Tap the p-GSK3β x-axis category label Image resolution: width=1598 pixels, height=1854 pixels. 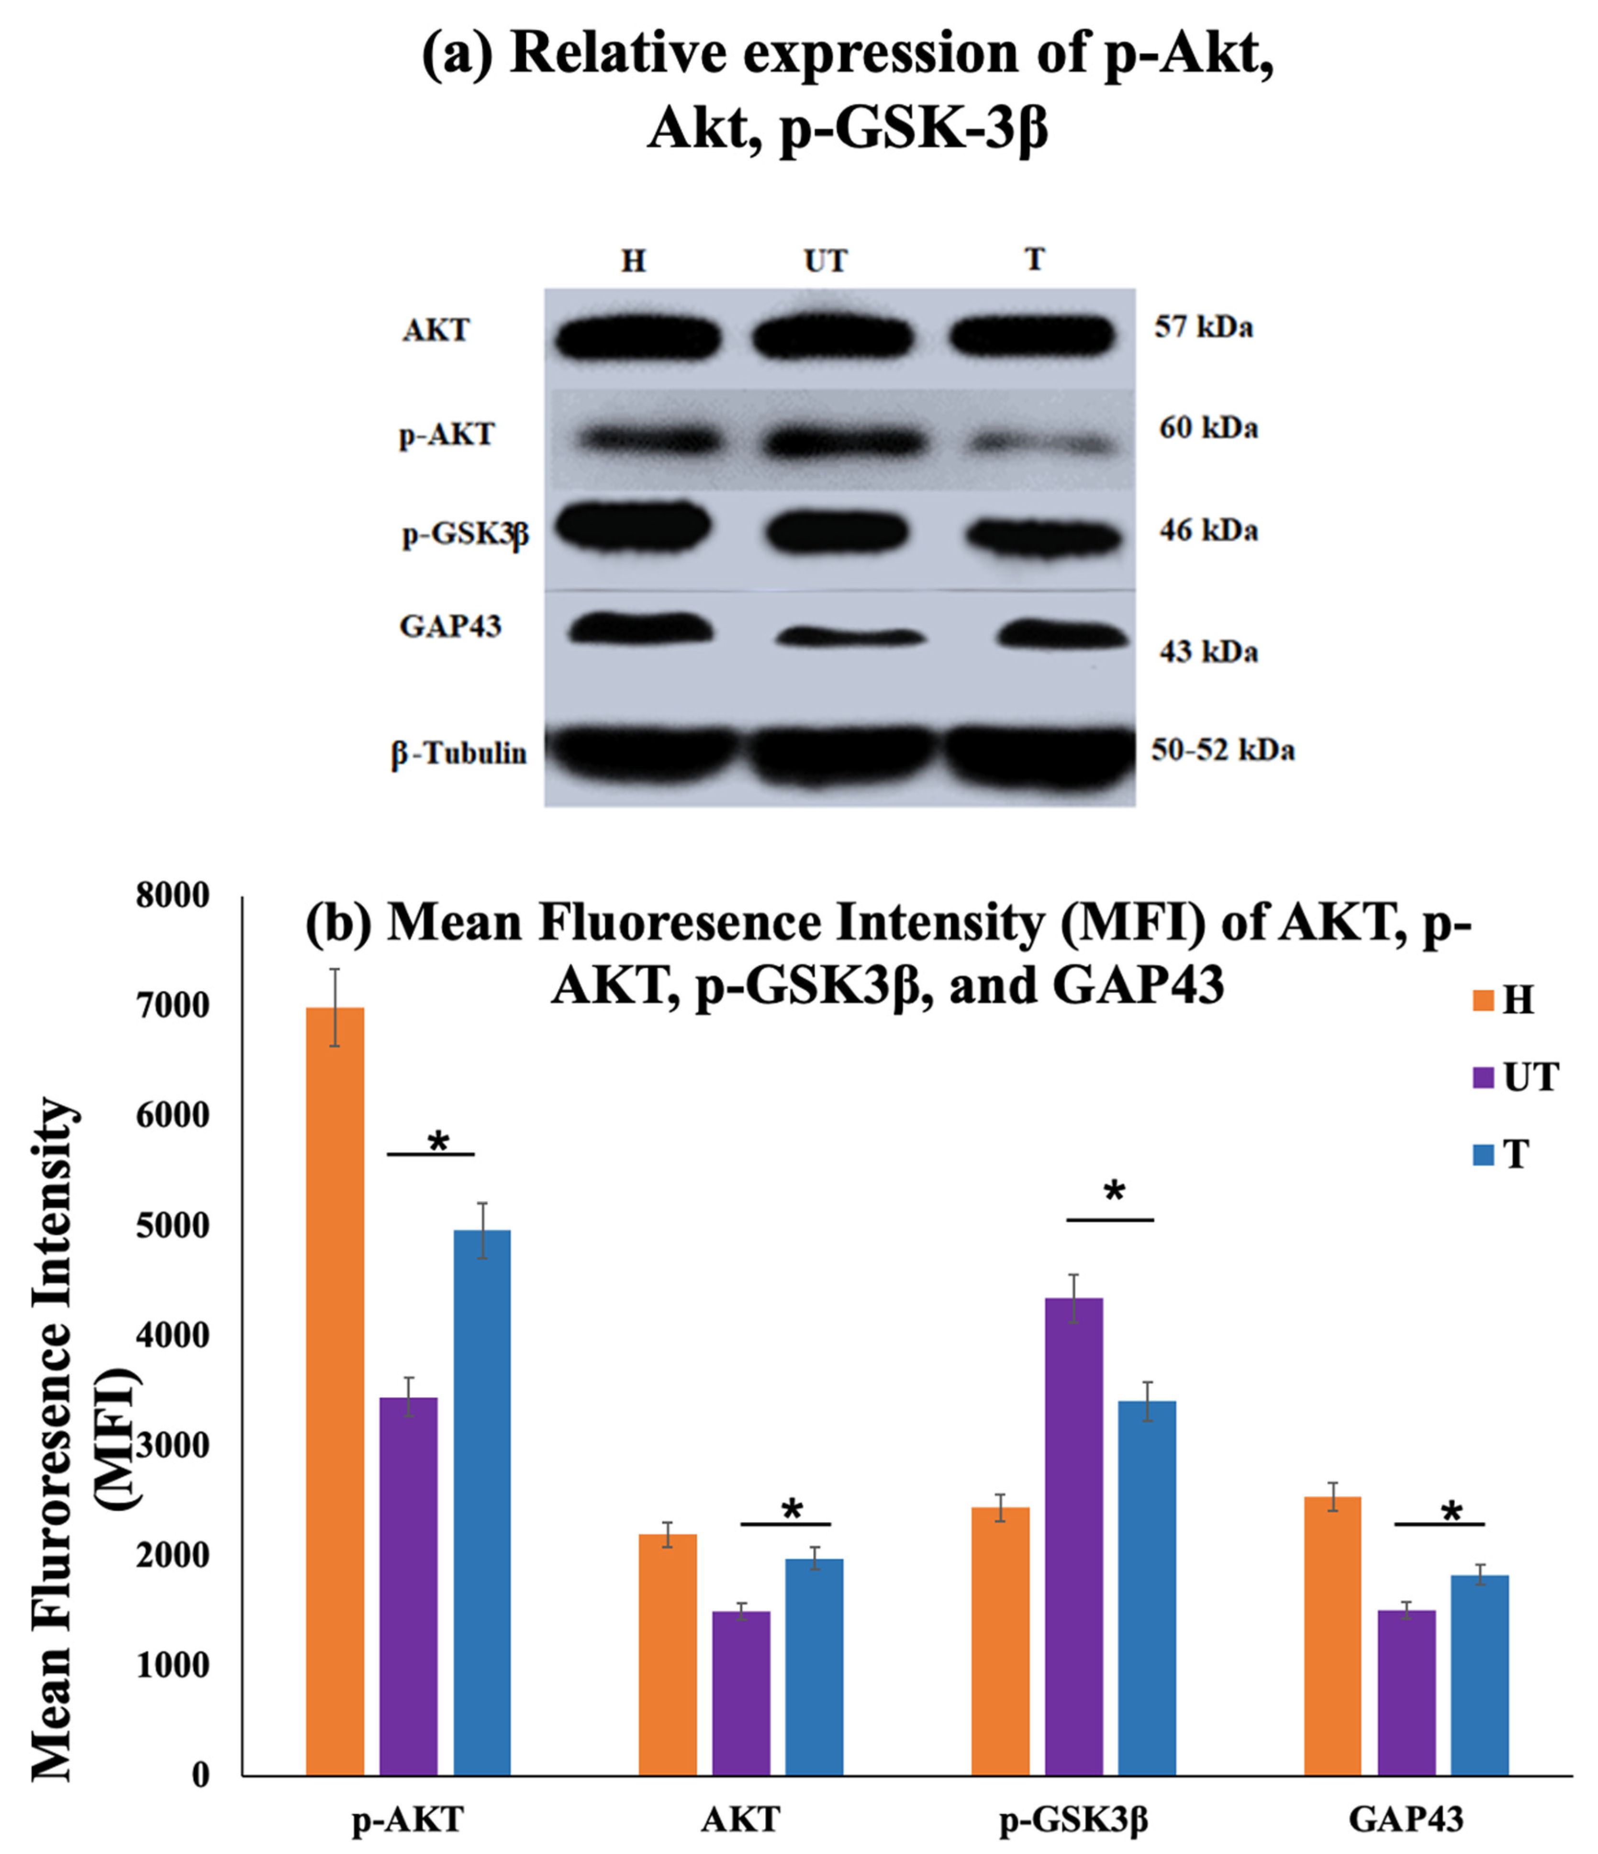(1073, 1819)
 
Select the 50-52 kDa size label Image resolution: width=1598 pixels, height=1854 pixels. (1222, 750)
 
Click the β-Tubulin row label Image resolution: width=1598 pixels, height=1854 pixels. (459, 753)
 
